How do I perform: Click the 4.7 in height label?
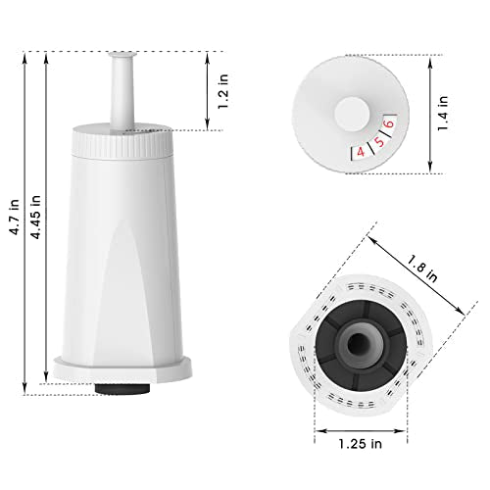coord(15,217)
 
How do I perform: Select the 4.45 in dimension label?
coord(35,217)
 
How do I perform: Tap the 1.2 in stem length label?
coord(223,91)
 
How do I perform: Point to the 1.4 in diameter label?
coord(443,114)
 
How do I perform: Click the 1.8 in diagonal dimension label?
coord(421,269)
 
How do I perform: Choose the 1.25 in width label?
coord(360,444)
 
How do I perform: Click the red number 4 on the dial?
coord(361,152)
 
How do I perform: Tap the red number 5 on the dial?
coord(379,142)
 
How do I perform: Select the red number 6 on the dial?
coord(389,123)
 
